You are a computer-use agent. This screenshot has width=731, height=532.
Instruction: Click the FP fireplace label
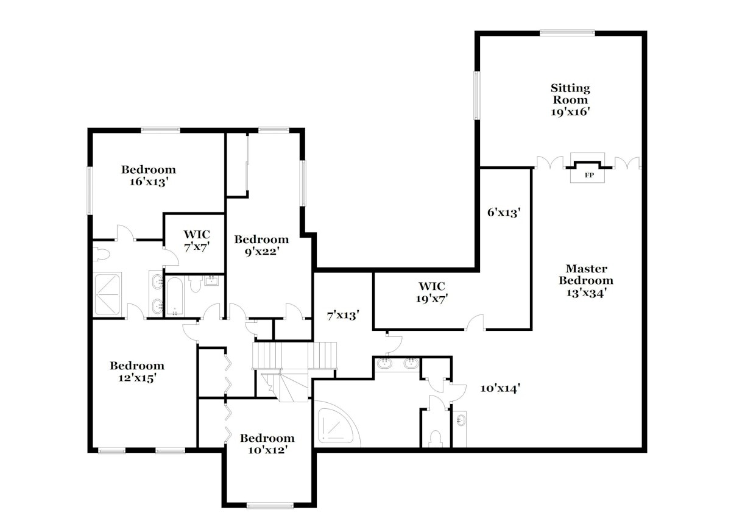(x=589, y=176)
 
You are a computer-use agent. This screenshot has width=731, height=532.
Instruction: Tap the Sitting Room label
(x=570, y=94)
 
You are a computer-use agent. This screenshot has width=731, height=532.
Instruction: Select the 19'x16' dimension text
(x=571, y=112)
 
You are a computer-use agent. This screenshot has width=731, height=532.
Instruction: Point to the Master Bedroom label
(x=586, y=274)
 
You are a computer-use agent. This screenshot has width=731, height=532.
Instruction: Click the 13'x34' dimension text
(x=586, y=293)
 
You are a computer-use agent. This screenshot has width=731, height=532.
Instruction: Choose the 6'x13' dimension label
(x=504, y=213)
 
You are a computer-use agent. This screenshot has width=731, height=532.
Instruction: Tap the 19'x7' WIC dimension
(x=432, y=299)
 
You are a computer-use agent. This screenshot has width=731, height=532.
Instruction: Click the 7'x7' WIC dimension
(x=197, y=247)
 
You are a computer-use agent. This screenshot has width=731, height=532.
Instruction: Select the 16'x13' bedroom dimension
(x=149, y=182)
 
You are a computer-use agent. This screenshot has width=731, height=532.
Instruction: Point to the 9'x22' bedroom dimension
(x=262, y=252)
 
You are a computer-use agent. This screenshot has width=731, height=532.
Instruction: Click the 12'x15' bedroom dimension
(x=137, y=378)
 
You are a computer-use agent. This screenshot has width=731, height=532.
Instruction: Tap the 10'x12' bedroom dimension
(x=267, y=450)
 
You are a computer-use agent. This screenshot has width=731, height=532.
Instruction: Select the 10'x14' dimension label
(x=500, y=388)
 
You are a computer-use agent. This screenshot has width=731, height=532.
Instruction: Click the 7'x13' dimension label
(x=343, y=315)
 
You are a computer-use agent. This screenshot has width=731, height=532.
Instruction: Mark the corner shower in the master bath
(x=337, y=424)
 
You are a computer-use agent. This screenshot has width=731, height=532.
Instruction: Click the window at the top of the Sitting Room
(x=568, y=32)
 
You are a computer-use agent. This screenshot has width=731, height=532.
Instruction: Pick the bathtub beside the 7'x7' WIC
(x=175, y=296)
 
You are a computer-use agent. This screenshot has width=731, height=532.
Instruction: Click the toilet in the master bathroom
(x=436, y=438)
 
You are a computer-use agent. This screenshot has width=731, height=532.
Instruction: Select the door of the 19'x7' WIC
(x=475, y=322)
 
